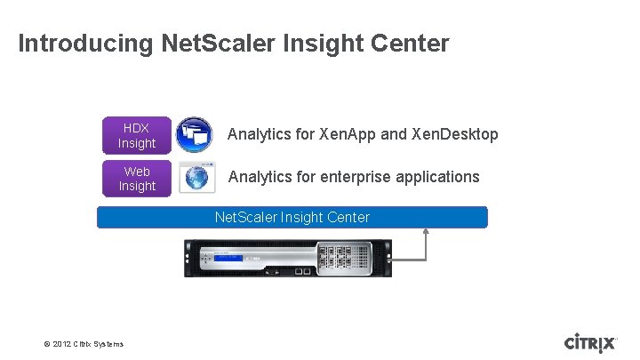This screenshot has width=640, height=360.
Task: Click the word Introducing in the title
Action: click(86, 43)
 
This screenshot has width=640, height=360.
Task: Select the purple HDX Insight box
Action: click(137, 135)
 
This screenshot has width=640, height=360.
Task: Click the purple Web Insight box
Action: click(137, 178)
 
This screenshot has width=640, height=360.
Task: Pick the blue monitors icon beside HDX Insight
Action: click(194, 134)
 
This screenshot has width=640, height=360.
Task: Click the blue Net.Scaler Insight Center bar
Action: click(292, 217)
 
